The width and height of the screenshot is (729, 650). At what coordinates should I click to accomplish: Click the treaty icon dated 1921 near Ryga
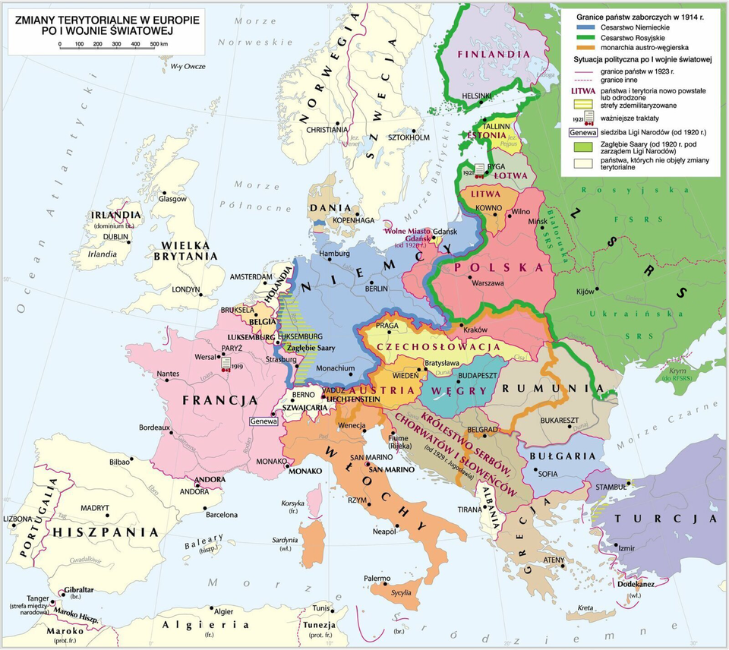coord(479,171)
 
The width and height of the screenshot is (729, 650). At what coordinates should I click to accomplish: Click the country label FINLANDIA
coord(493,55)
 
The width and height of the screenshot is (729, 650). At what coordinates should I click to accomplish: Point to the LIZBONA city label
coord(19,519)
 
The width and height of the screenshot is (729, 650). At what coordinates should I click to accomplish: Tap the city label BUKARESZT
coord(560,420)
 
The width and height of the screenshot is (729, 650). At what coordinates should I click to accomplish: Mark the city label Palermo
coord(377,579)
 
